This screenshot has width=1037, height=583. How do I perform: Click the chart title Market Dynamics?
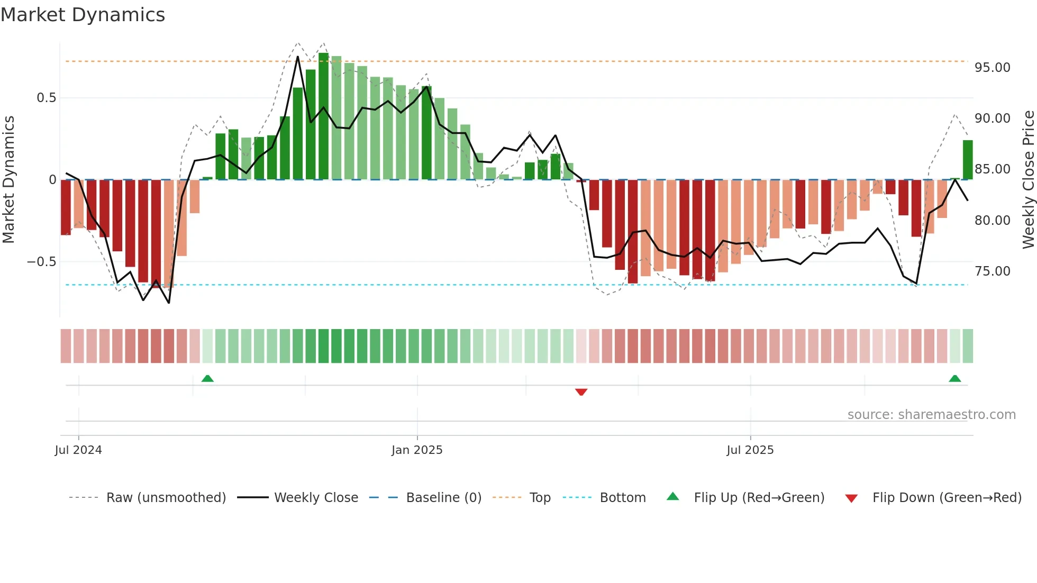pos(83,15)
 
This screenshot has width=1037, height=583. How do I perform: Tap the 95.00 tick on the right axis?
pos(992,68)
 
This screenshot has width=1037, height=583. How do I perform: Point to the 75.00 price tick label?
pos(992,271)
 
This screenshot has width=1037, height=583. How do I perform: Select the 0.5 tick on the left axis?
pos(46,98)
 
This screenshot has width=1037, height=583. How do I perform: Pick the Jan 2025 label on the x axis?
pos(417,450)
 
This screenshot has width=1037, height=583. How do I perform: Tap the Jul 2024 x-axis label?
pos(78,450)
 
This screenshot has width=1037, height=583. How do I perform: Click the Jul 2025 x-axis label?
pos(750,450)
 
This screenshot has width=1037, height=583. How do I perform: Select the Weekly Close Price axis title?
pos(1028,179)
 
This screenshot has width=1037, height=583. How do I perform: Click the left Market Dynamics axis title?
pos(8,179)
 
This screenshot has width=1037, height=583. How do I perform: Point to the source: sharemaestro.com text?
pos(931,415)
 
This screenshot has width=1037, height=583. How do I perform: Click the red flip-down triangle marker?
pos(581,392)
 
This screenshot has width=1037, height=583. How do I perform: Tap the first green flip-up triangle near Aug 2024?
pos(207,378)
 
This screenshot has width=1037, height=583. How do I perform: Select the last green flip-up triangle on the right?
pos(954,378)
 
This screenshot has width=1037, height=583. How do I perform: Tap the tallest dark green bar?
pos(323,116)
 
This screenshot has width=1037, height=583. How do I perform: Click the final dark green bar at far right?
pos(967,160)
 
